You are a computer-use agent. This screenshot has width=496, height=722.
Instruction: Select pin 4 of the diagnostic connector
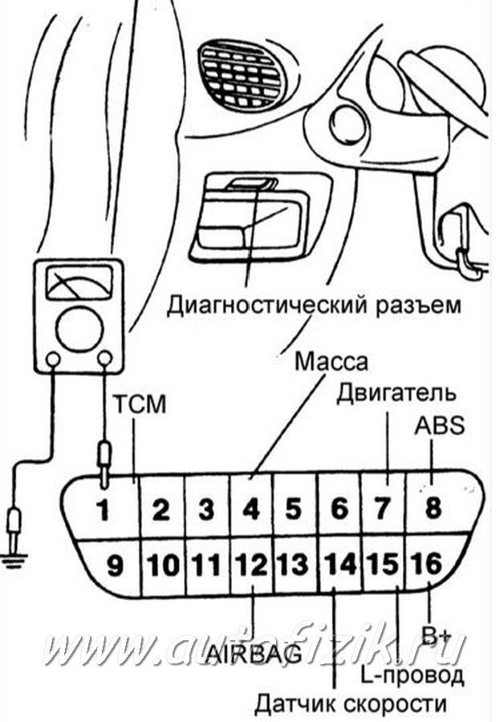point(251,509)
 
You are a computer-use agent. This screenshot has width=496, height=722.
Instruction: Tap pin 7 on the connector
point(383,509)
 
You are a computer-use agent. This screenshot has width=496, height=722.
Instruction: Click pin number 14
point(339,566)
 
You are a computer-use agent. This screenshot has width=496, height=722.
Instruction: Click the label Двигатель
point(396,393)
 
